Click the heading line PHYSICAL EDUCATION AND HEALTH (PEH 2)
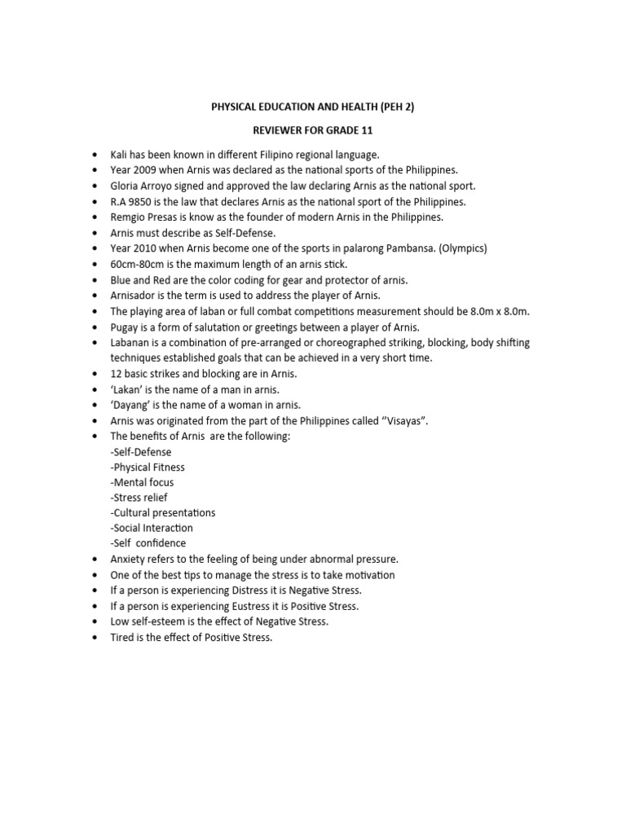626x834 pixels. point(312,107)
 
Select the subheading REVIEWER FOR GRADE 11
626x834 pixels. point(312,129)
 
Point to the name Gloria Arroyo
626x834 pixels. point(142,186)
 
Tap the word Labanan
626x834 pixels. point(130,343)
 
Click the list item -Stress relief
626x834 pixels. point(139,497)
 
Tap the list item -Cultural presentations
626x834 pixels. point(163,512)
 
